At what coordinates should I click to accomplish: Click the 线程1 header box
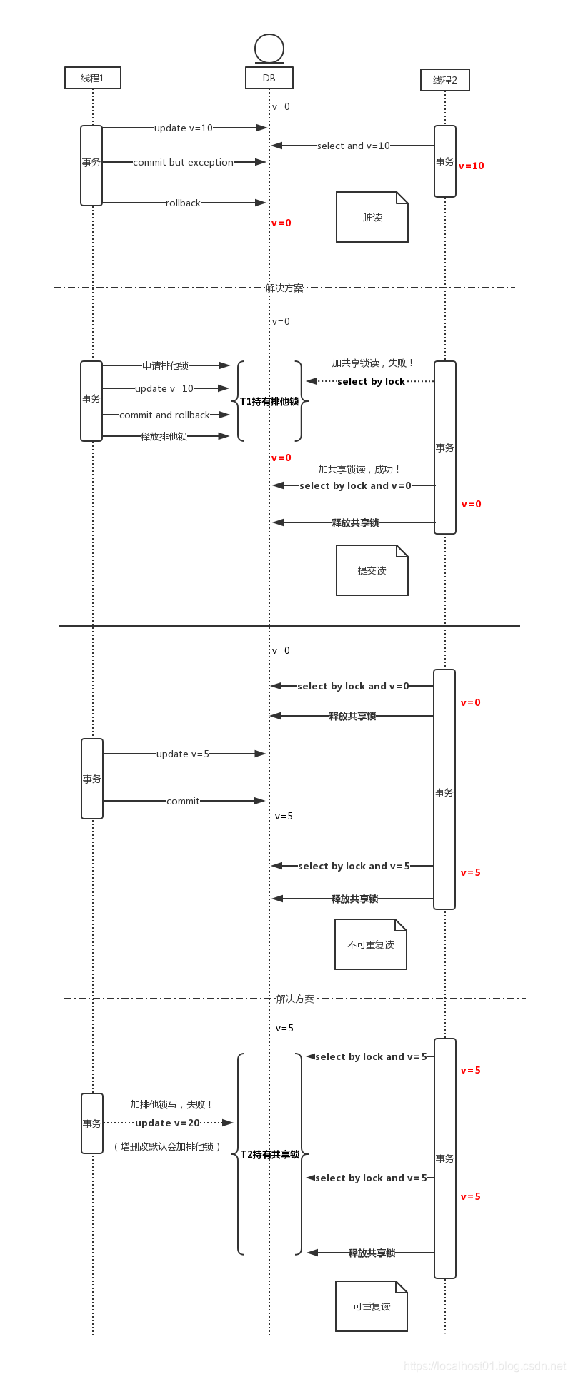(93, 78)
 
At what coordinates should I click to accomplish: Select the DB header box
(269, 78)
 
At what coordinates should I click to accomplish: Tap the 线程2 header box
(445, 80)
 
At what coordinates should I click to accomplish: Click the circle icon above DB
(269, 49)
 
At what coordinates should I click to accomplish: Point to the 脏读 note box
(372, 217)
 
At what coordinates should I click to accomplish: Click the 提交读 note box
(372, 570)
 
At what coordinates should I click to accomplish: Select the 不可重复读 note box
(371, 944)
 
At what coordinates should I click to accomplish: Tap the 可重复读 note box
(372, 1306)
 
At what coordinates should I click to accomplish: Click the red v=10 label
(472, 166)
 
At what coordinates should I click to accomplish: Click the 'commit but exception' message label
(183, 162)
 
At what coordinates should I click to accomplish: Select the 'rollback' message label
(183, 203)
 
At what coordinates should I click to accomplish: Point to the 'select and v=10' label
(354, 146)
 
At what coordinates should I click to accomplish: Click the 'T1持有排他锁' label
(269, 401)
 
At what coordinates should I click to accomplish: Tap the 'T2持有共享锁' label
(270, 1154)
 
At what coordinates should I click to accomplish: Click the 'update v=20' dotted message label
(168, 1123)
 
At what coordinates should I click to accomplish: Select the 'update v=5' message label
(183, 754)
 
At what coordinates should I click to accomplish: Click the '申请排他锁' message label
(165, 365)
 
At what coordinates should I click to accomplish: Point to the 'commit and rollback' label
(165, 415)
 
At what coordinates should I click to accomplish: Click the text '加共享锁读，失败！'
(373, 363)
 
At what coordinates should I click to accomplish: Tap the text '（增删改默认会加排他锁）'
(167, 1146)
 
